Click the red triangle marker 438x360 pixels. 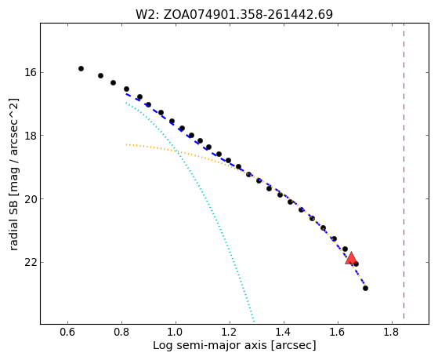tap(351, 259)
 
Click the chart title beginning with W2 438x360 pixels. tap(234, 15)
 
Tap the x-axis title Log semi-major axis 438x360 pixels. tap(234, 345)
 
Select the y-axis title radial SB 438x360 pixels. tap(13, 174)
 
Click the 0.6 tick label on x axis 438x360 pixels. tap(67, 332)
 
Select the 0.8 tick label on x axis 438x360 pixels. tap(121, 332)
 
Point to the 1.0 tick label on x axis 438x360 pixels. tap(176, 332)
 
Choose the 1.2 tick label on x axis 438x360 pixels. tap(230, 332)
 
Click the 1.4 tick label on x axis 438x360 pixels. tap(284, 332)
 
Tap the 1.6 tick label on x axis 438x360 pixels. tap(338, 332)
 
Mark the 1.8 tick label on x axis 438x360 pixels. tap(392, 332)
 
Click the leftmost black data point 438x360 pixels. tap(81, 68)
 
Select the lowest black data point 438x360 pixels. tap(365, 288)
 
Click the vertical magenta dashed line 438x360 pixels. tap(404, 171)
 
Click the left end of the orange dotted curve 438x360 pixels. tap(126, 144)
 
